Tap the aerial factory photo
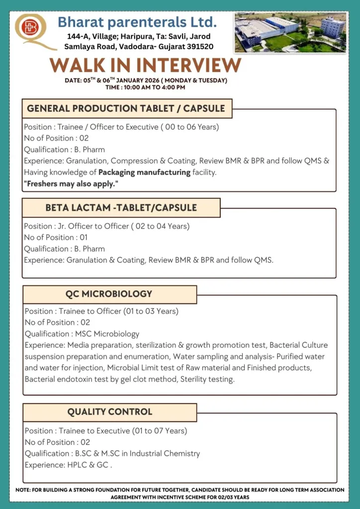(x=290, y=32)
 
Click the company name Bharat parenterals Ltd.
(x=137, y=22)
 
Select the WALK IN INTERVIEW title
(x=146, y=65)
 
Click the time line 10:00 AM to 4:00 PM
(x=145, y=87)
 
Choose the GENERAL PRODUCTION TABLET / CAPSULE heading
(x=126, y=108)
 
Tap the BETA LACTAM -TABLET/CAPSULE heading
(x=121, y=208)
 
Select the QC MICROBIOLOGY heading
(x=109, y=294)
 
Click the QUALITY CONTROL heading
(x=109, y=412)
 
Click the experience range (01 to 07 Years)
(x=160, y=431)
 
